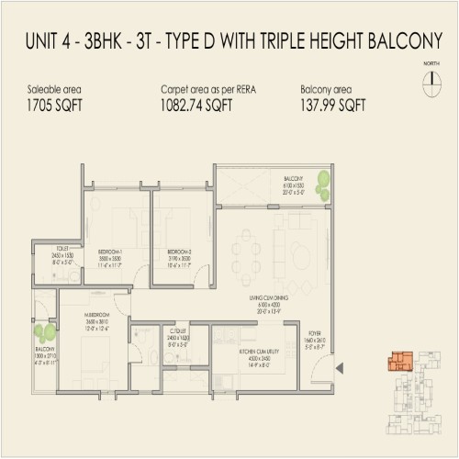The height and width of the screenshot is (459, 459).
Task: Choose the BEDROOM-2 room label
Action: [x=179, y=251]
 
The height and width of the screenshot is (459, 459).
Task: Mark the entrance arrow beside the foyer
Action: [x=341, y=370]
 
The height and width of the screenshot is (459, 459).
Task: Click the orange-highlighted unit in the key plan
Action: [x=397, y=361]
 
